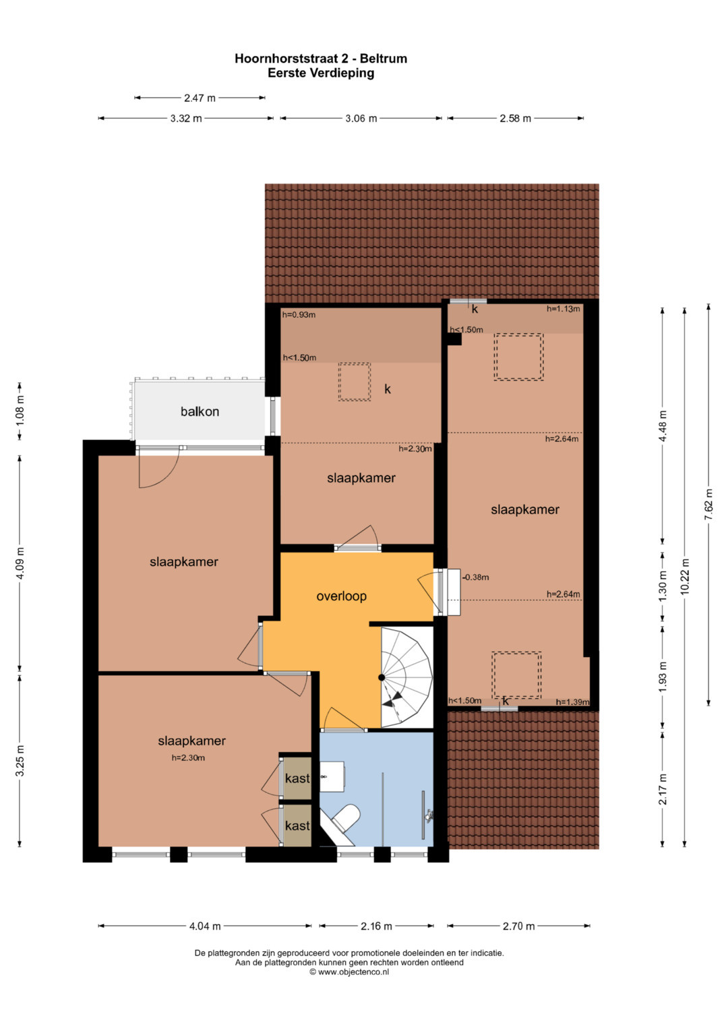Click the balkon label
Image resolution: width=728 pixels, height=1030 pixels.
pyautogui.click(x=200, y=411)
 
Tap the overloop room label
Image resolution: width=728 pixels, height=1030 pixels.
pyautogui.click(x=342, y=596)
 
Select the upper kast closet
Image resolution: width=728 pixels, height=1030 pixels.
pyautogui.click(x=297, y=778)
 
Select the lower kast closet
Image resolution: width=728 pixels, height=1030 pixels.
pyautogui.click(x=297, y=826)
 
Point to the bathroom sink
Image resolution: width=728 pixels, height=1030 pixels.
pyautogui.click(x=332, y=776)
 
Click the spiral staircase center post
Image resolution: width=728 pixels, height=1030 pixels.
pyautogui.click(x=382, y=677)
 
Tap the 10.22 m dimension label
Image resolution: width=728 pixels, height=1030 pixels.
pyautogui.click(x=686, y=577)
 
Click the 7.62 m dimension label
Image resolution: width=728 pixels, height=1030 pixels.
pyautogui.click(x=708, y=505)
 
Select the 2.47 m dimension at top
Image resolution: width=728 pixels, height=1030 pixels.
pyautogui.click(x=200, y=98)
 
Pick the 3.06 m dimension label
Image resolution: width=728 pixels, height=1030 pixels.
pyautogui.click(x=361, y=119)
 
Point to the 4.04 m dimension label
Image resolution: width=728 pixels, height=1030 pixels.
pyautogui.click(x=205, y=926)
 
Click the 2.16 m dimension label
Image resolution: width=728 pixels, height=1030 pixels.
pyautogui.click(x=376, y=926)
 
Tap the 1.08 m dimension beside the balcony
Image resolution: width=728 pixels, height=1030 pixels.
pyautogui.click(x=20, y=411)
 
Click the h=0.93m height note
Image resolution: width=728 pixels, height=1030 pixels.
pyautogui.click(x=299, y=315)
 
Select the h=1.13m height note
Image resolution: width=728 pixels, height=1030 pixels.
pyautogui.click(x=563, y=309)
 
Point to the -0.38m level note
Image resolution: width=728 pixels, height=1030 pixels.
pyautogui.click(x=476, y=577)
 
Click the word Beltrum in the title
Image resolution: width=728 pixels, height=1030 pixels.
pyautogui.click(x=384, y=59)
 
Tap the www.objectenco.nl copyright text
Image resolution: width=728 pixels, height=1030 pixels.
pyautogui.click(x=349, y=971)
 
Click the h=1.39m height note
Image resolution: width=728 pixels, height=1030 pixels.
pyautogui.click(x=572, y=702)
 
